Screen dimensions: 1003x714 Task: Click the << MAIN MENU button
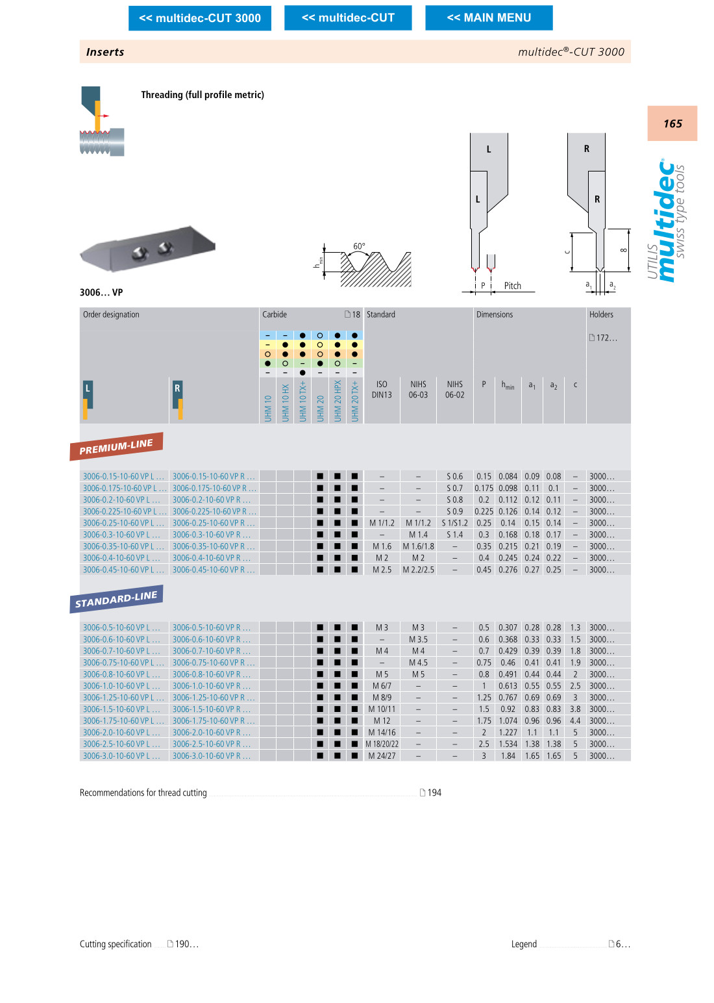(x=489, y=18)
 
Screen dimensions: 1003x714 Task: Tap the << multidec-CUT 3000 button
(x=200, y=18)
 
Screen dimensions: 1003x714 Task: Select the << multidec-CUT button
(x=348, y=18)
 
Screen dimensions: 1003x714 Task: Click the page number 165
(x=672, y=123)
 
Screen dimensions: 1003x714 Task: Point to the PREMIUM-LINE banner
(x=116, y=446)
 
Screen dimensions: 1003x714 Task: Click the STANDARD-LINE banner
(x=116, y=599)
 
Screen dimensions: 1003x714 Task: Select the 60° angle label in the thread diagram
(x=359, y=246)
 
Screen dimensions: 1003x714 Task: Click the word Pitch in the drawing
(x=512, y=286)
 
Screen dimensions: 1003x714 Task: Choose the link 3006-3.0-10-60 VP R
(x=211, y=755)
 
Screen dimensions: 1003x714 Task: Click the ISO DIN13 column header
(x=382, y=390)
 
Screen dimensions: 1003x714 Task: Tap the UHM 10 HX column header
(x=285, y=401)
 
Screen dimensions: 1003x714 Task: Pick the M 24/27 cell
(x=382, y=755)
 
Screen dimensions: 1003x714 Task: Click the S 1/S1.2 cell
(x=454, y=523)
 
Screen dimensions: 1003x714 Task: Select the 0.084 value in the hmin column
(x=508, y=476)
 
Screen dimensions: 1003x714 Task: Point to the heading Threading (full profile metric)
(x=203, y=95)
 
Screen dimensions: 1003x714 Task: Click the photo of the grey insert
(x=147, y=249)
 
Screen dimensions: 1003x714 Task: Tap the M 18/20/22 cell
(x=382, y=744)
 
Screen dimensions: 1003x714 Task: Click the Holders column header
(x=601, y=314)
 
